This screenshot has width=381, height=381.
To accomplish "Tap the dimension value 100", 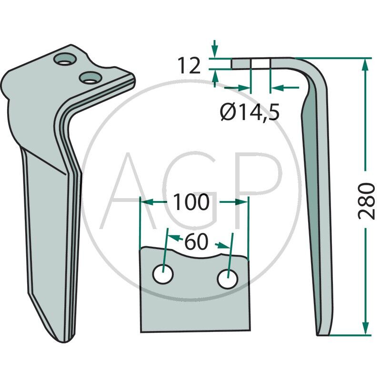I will point(190,202).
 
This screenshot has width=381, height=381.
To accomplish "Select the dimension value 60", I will point(196,242).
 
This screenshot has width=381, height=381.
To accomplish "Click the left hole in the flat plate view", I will point(163,275).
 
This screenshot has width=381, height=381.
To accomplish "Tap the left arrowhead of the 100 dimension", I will point(145,202).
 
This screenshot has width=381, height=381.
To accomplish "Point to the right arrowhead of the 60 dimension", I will point(223,246).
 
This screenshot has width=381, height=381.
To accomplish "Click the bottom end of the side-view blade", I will point(324,333).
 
